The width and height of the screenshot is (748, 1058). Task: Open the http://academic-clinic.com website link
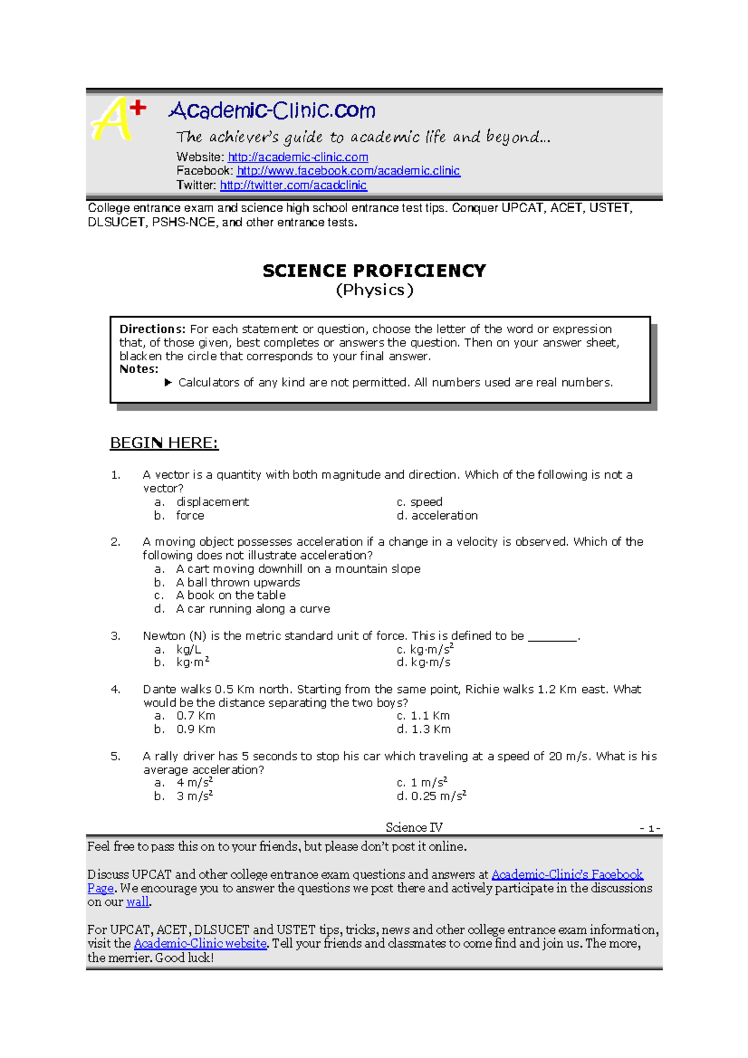click(x=298, y=157)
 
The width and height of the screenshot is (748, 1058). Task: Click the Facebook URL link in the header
click(x=348, y=171)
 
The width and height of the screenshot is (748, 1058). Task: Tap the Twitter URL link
click(x=293, y=185)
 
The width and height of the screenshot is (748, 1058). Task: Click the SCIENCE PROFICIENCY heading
click(x=374, y=271)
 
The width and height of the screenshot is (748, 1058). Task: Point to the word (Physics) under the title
click(x=374, y=290)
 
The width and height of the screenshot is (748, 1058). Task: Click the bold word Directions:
click(x=152, y=329)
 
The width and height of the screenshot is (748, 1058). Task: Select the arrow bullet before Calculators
click(x=168, y=383)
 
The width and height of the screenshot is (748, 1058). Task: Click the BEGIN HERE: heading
click(x=164, y=443)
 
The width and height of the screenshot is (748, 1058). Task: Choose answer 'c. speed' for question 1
click(x=420, y=502)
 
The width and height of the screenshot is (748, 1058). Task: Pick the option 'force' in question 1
click(x=190, y=516)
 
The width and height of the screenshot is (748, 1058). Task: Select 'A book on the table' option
click(x=231, y=596)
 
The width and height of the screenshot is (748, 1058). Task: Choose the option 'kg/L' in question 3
click(x=189, y=650)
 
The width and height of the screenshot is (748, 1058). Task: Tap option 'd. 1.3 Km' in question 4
click(x=424, y=730)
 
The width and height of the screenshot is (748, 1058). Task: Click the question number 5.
click(x=115, y=756)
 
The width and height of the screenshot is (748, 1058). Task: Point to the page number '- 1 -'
click(x=650, y=829)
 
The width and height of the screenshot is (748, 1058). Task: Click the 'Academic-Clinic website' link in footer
click(x=200, y=944)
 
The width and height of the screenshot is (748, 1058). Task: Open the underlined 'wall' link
click(x=137, y=902)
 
